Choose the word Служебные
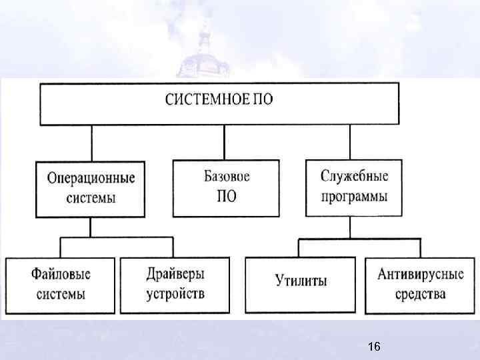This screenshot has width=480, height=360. [354, 177]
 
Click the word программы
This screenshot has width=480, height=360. [354, 197]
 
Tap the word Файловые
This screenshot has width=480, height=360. [61, 274]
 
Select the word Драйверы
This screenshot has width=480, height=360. [175, 274]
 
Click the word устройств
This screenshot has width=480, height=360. [175, 294]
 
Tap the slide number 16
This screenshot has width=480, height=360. [373, 347]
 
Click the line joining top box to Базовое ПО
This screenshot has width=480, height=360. [225, 141]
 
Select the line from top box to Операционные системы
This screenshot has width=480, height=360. [92, 141]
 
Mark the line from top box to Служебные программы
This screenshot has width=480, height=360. [351, 141]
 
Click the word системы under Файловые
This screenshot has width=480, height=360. [61, 294]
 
